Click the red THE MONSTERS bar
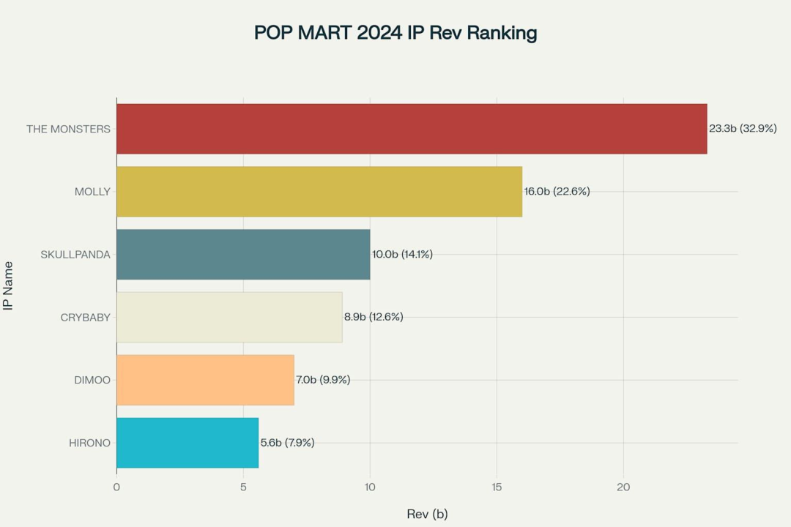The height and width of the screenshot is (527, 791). tap(412, 129)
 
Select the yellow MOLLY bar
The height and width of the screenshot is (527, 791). tap(319, 192)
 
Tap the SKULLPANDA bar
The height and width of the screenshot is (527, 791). tap(243, 255)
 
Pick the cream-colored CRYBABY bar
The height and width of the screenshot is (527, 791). tap(229, 317)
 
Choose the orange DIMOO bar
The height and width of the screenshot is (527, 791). tap(205, 380)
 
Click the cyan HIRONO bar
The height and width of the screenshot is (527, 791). tap(187, 443)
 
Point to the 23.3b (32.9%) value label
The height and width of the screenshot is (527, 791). tap(743, 129)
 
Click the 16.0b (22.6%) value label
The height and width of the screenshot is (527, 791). tap(557, 192)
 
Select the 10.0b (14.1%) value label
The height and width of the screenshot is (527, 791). tap(402, 255)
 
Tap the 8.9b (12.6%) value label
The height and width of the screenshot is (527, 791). tap(374, 317)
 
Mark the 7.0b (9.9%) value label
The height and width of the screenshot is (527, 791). tap(323, 380)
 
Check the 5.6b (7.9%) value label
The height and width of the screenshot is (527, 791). tap(287, 443)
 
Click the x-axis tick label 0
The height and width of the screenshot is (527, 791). tap(116, 487)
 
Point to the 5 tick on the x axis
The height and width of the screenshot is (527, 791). tap(243, 487)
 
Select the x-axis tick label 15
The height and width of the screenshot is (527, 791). tap(497, 487)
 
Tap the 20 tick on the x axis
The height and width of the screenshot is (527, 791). tap(623, 487)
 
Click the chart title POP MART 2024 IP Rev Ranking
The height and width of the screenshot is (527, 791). tap(395, 33)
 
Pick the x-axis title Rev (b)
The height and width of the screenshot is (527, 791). tap(427, 514)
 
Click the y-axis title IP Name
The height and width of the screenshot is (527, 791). tap(9, 285)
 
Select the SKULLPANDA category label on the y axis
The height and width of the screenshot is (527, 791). tap(75, 255)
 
